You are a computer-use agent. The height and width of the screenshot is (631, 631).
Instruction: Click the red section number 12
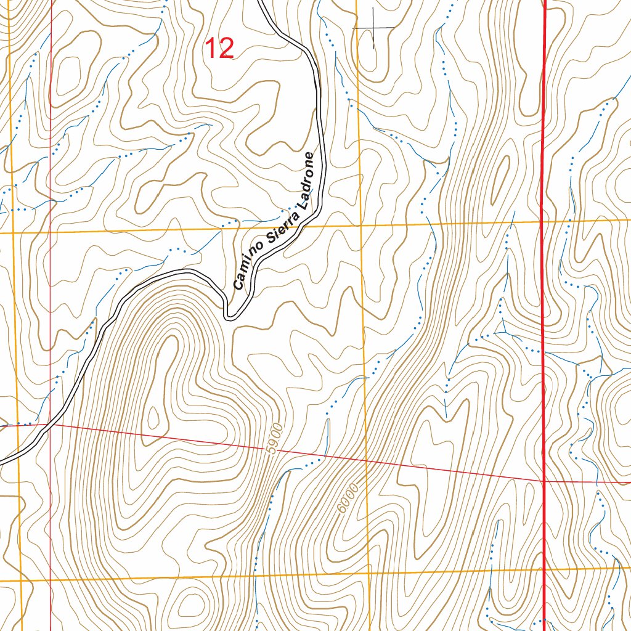click(219, 49)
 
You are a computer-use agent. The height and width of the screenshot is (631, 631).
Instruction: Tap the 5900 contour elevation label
click(275, 439)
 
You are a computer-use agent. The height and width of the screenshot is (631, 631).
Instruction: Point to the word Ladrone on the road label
click(308, 179)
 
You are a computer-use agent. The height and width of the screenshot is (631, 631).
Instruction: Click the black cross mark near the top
click(373, 28)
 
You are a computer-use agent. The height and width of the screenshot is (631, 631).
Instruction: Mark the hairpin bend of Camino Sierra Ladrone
click(229, 316)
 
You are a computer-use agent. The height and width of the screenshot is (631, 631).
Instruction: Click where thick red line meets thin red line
click(545, 481)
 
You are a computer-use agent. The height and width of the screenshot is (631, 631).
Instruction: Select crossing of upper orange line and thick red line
click(542, 221)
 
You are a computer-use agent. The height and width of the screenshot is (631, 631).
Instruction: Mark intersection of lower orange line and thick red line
click(545, 568)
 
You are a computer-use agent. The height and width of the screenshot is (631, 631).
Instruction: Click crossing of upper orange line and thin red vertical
click(50, 232)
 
